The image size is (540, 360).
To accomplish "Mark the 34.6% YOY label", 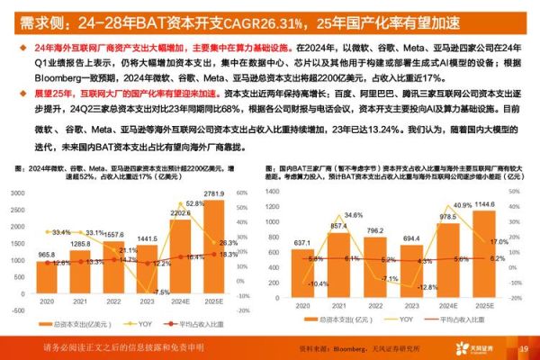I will [352, 215].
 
